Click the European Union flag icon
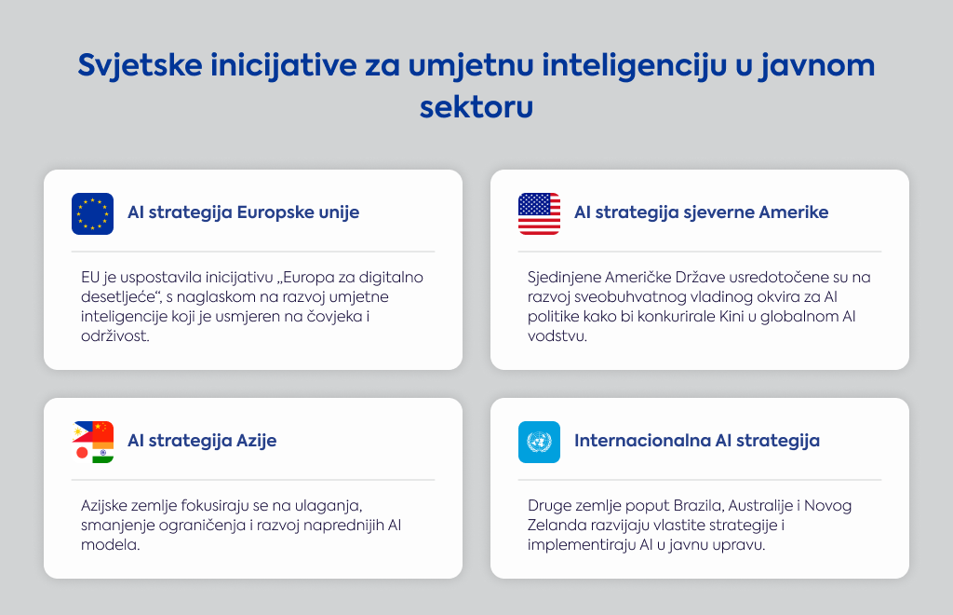[x=92, y=213]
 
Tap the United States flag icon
[x=539, y=213]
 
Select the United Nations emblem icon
[x=539, y=443]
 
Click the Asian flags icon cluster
[x=93, y=443]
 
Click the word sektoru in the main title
[x=476, y=107]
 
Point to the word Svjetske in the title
[x=140, y=66]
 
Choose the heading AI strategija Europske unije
[x=243, y=212]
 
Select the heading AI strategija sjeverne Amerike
[x=702, y=212]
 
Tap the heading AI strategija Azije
[x=202, y=441]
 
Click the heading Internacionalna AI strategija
[x=697, y=441]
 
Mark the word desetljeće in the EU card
[x=118, y=297]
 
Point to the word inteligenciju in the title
[x=634, y=66]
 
